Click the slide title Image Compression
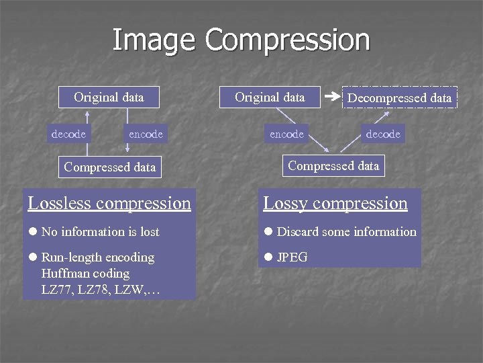coord(241,40)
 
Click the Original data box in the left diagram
coord(109,97)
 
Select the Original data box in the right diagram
coord(270,97)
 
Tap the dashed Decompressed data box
coord(399,98)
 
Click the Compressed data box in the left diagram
coord(109,167)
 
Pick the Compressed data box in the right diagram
coord(333,166)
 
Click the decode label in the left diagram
coord(68,134)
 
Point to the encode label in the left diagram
coord(146,134)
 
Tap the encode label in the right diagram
coord(286,134)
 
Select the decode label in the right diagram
coord(383,134)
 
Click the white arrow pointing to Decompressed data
coord(331,97)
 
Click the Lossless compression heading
coord(109,203)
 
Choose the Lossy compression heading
coord(335,203)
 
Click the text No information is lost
coord(101,232)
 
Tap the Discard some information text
coord(347,232)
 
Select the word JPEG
coord(292,257)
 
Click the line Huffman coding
coord(85,274)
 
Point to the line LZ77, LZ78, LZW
coord(101,290)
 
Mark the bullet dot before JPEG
coord(268,257)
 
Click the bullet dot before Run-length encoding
coord(32,257)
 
